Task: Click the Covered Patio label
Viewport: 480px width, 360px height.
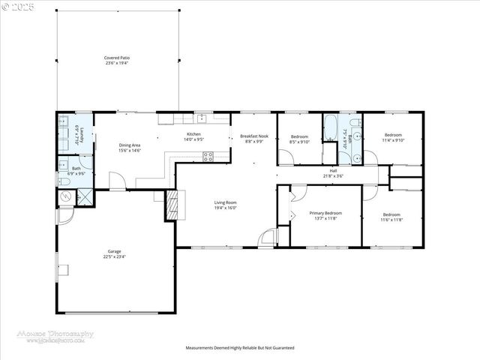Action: [117, 57]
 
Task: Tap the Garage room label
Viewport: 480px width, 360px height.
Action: [114, 251]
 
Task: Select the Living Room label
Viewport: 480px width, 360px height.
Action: [225, 202]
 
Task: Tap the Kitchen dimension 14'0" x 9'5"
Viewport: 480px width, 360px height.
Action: [193, 140]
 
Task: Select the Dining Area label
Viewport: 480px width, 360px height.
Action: [130, 145]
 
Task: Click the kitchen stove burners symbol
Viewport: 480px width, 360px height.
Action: [208, 157]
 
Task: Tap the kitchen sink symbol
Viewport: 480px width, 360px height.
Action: [201, 118]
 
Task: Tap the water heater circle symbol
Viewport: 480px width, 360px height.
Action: [64, 196]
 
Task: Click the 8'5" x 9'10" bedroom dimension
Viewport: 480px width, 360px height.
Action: [299, 141]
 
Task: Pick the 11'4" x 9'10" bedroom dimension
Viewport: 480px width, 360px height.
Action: [393, 139]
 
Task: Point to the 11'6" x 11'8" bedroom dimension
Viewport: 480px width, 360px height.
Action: [391, 219]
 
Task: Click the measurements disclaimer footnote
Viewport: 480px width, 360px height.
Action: [240, 348]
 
